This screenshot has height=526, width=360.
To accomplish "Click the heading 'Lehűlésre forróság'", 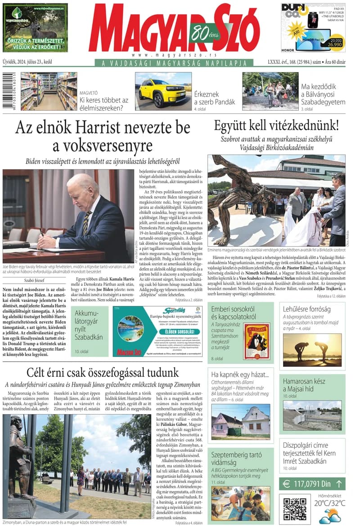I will point(307,309).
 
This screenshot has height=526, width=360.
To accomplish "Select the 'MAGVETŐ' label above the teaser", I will point(89,93).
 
